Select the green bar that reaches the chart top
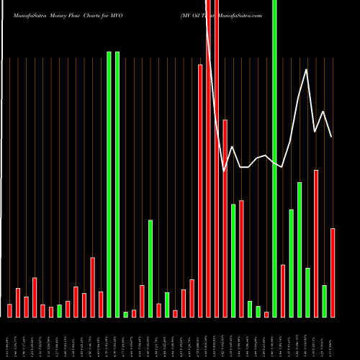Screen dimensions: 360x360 [x=274, y=158]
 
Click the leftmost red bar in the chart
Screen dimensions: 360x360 [x=9, y=310]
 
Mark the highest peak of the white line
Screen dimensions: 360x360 [x=307, y=69]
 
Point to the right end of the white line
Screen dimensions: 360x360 [x=332, y=137]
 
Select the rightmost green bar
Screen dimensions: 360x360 [x=324, y=301]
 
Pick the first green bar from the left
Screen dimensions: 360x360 [x=59, y=311]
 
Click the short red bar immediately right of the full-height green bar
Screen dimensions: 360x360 [x=283, y=290]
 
